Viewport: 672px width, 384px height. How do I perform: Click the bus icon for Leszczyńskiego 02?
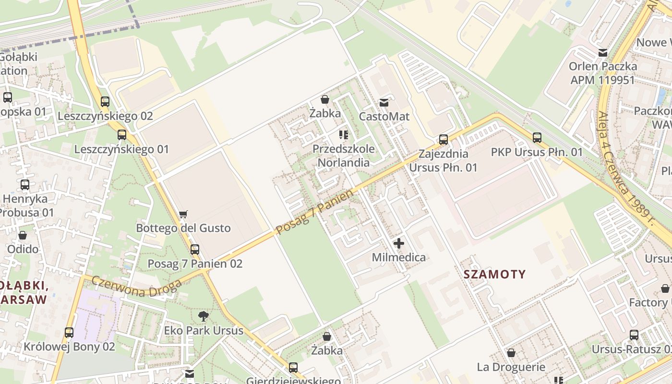105,102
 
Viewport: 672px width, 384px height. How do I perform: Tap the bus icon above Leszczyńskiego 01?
122,135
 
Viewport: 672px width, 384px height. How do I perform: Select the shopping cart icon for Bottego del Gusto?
183,214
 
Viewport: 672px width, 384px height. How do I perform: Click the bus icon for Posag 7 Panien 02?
194,250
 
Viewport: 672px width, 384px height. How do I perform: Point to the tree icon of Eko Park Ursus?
204,316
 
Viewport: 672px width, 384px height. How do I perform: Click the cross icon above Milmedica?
398,243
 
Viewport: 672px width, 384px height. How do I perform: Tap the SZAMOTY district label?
495,275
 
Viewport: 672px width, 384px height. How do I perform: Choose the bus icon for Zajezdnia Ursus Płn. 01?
444,140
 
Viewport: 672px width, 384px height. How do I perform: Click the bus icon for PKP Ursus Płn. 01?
537,138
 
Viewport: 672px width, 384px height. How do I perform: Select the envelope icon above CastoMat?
384,102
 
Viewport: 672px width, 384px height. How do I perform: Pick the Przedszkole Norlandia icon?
343,134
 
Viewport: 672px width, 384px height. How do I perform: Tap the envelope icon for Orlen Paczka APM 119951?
602,52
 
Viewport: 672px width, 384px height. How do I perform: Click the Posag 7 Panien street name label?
314,212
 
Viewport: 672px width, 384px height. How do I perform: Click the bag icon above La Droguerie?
511,353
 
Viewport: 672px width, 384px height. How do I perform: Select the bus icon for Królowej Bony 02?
69,332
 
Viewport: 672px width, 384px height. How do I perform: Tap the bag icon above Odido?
23,235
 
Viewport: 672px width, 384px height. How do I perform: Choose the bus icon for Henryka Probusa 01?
25,184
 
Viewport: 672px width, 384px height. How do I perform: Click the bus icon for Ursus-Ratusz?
634,335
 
